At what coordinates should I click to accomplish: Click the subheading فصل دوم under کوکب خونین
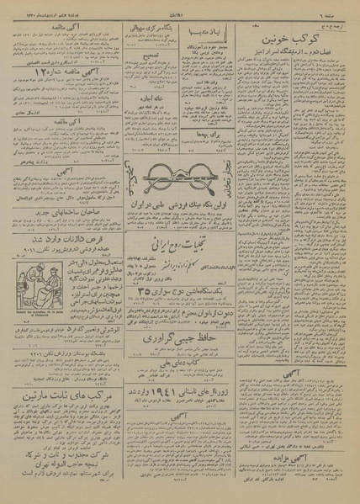(x=300, y=56)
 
